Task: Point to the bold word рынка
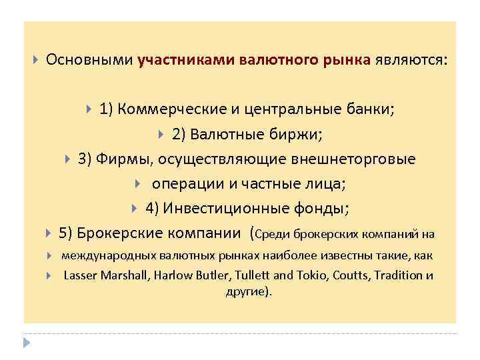click(x=344, y=60)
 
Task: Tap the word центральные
click(x=287, y=109)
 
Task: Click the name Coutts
click(x=343, y=275)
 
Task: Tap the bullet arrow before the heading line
click(x=36, y=60)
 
